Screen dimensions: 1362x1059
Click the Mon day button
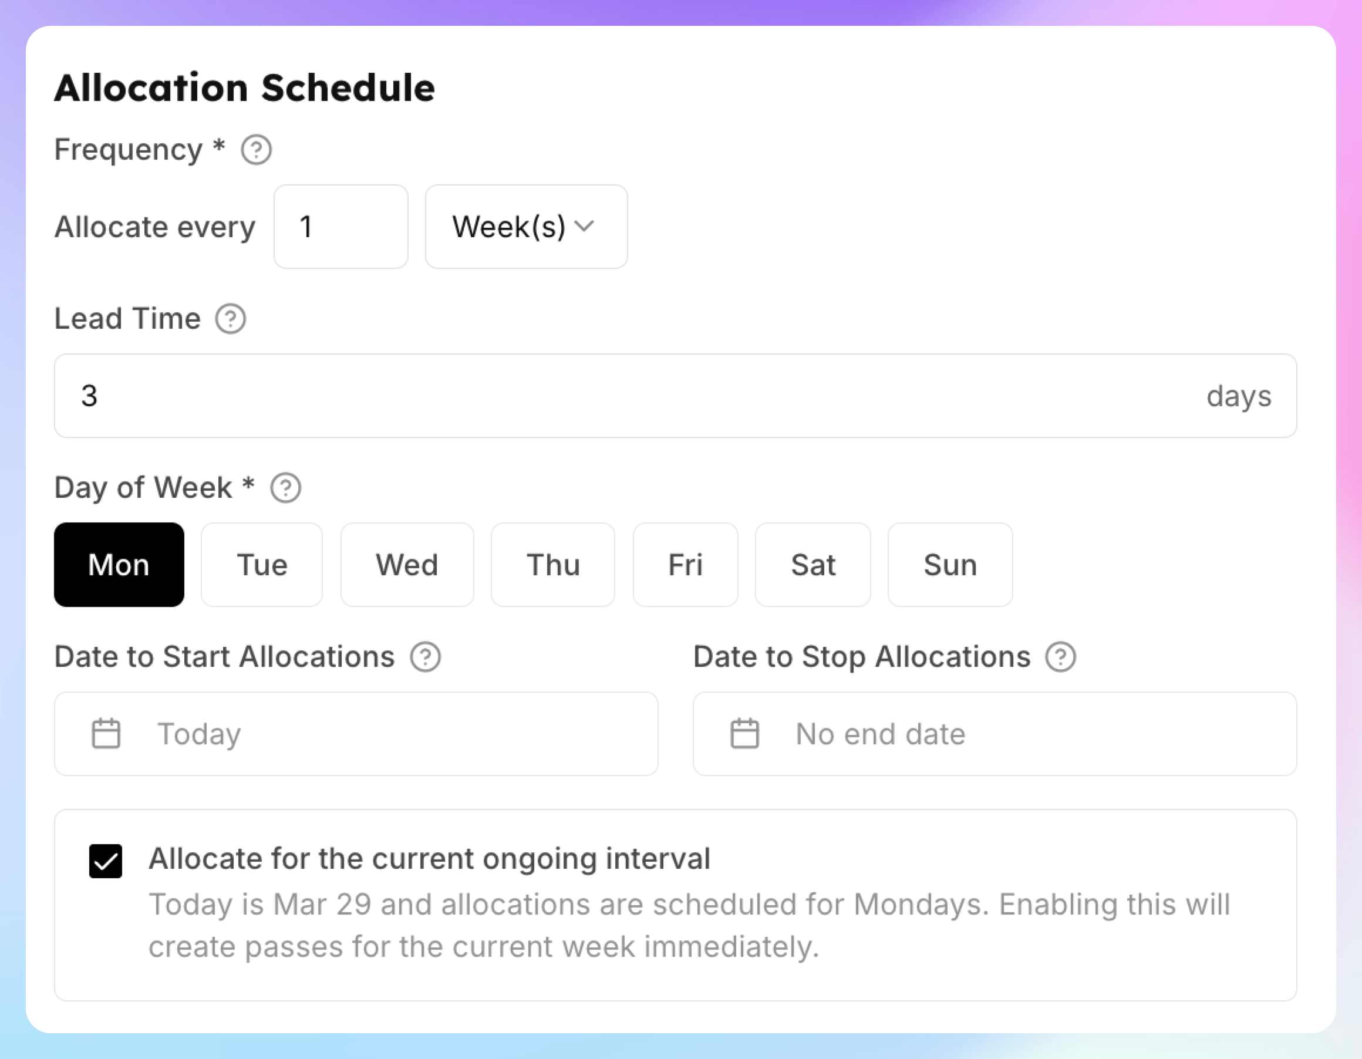[x=119, y=564]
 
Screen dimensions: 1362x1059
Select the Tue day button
[x=262, y=564]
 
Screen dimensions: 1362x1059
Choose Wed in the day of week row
[x=407, y=564]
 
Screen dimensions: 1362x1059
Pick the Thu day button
[x=553, y=564]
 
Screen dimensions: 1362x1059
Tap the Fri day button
[x=685, y=564]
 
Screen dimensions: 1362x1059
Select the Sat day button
[x=813, y=564]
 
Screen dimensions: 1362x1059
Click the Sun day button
[x=950, y=564]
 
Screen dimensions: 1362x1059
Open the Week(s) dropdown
[x=527, y=227]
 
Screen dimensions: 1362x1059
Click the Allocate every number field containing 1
[x=341, y=227]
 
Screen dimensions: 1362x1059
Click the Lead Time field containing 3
[x=675, y=396]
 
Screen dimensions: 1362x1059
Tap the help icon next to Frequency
[x=257, y=150]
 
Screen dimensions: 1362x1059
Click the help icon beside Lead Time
[x=231, y=319]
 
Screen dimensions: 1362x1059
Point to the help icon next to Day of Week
[x=286, y=488]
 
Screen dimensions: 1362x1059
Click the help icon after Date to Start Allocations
[x=425, y=657]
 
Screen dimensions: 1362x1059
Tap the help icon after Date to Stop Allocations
[x=1061, y=657]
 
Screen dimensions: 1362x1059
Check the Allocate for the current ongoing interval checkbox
[x=106, y=861]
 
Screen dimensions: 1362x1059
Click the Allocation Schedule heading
[x=244, y=87]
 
